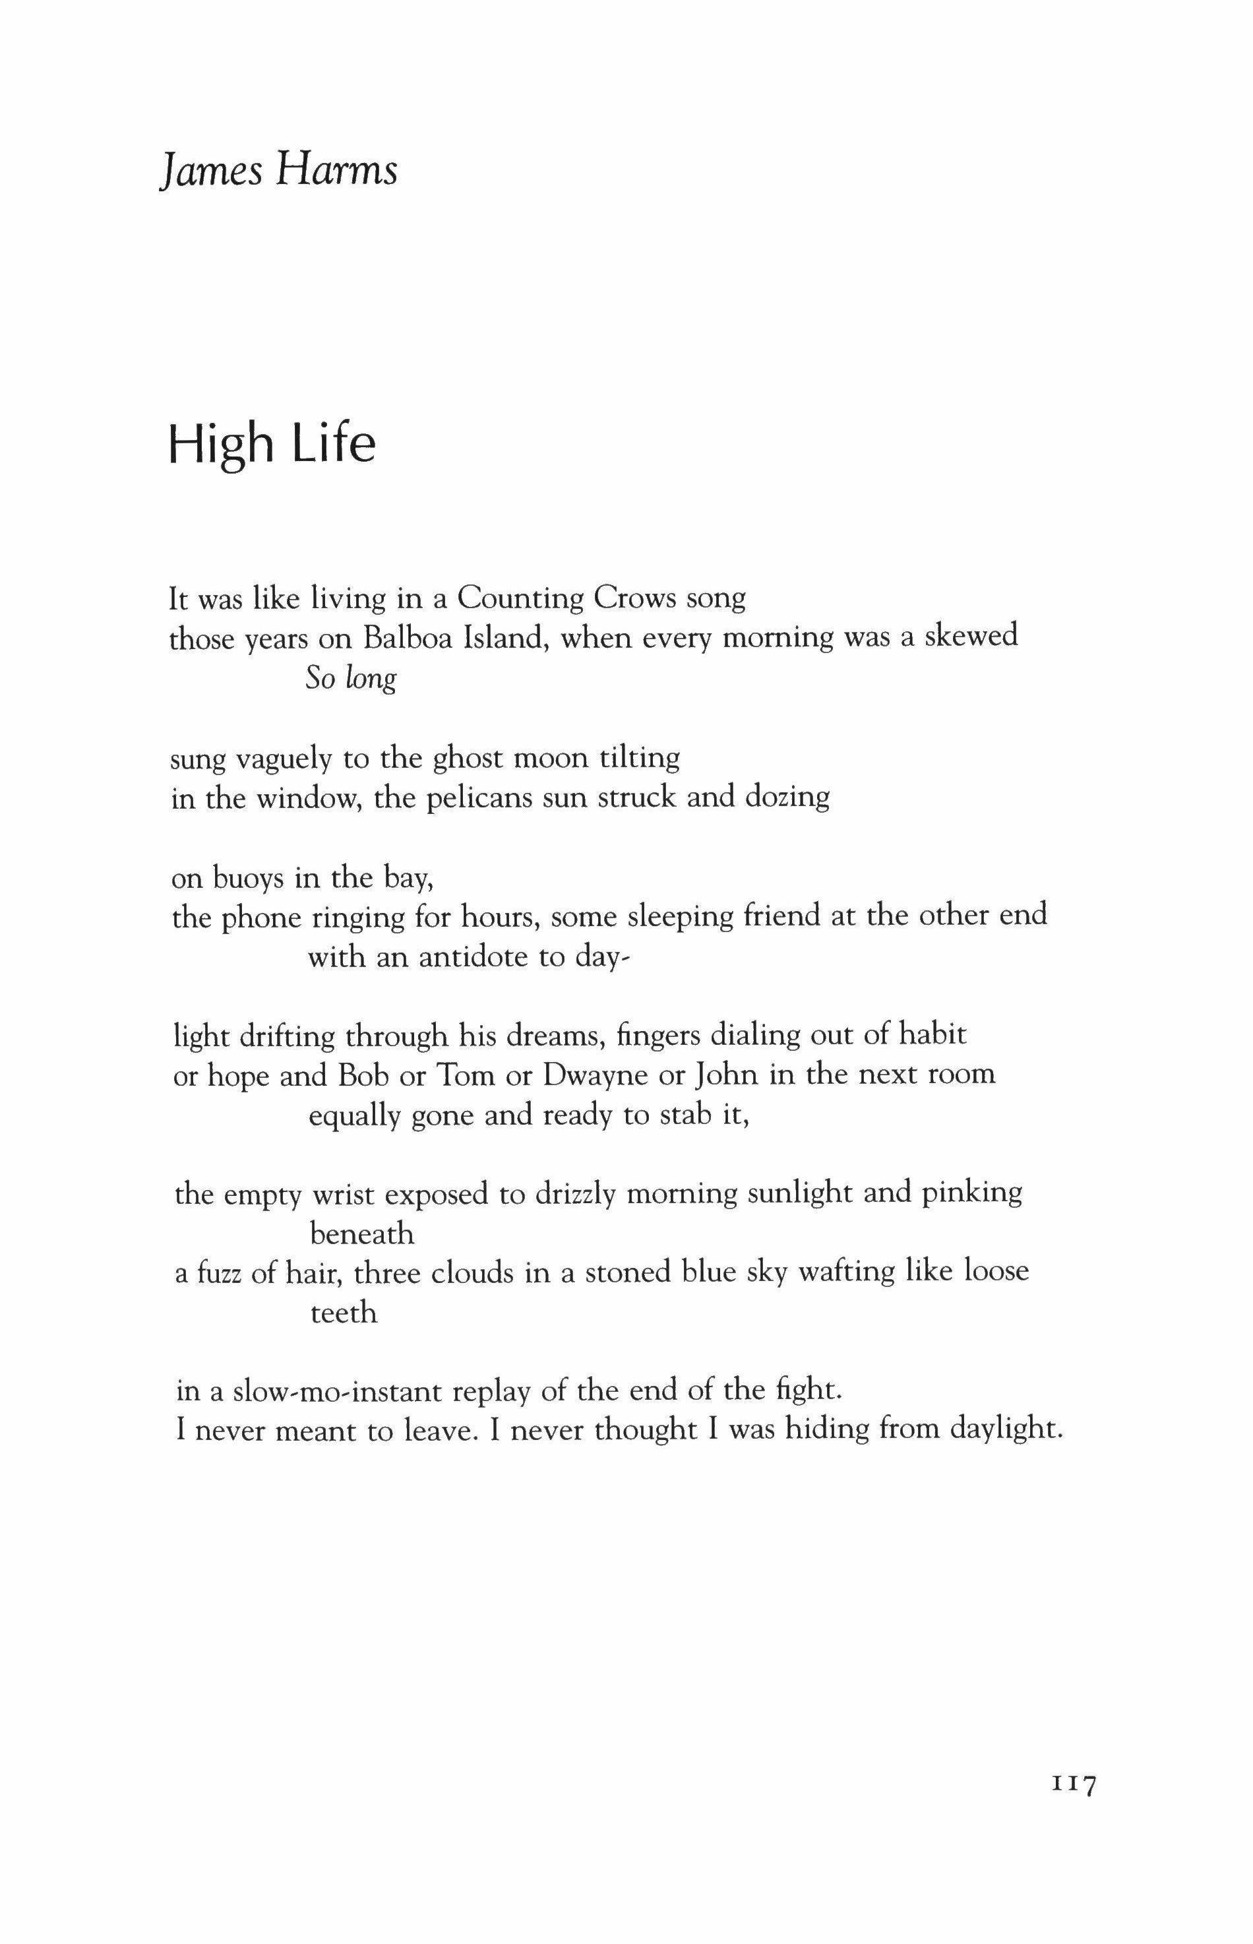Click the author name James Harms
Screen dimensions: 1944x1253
[278, 170]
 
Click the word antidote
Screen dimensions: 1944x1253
[473, 957]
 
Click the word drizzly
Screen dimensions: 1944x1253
[574, 1195]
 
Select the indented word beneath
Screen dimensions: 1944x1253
[362, 1234]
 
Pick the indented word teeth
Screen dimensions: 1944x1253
[344, 1313]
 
